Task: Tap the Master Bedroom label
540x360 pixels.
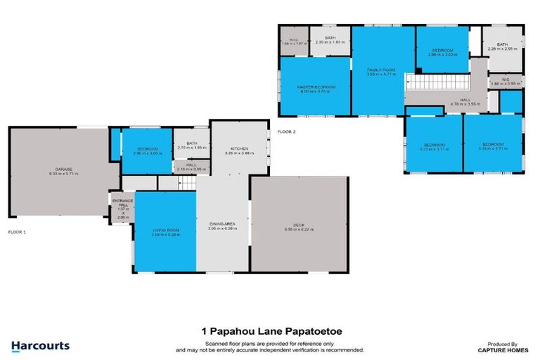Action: point(316,88)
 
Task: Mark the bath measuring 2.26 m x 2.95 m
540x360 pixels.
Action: point(502,47)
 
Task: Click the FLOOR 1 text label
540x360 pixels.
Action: point(16,231)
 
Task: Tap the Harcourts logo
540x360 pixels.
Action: point(41,346)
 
